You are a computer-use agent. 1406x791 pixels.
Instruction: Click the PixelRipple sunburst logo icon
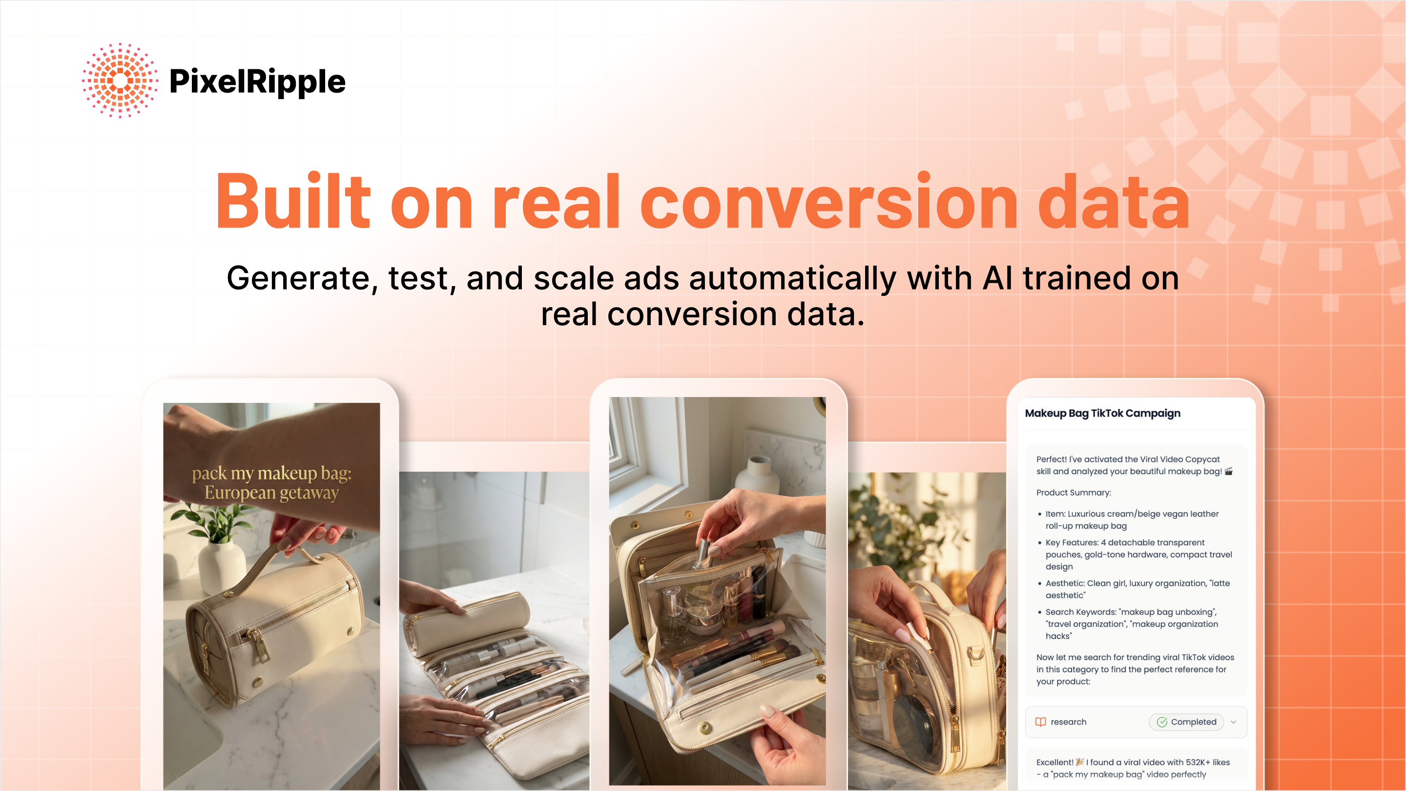120,80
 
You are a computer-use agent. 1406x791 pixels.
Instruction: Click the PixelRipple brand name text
257,82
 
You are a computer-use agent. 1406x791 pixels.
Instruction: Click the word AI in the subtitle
997,278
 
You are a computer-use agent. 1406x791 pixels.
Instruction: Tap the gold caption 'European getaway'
271,493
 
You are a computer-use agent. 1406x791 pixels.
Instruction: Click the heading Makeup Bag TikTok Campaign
1102,413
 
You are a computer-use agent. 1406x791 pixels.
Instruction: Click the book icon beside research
1040,722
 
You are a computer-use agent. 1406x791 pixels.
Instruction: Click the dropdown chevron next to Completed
1234,722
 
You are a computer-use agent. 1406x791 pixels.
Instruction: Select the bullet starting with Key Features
1138,554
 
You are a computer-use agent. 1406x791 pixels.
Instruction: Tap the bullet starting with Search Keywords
1131,624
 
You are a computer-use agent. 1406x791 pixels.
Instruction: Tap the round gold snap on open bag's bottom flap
705,727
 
